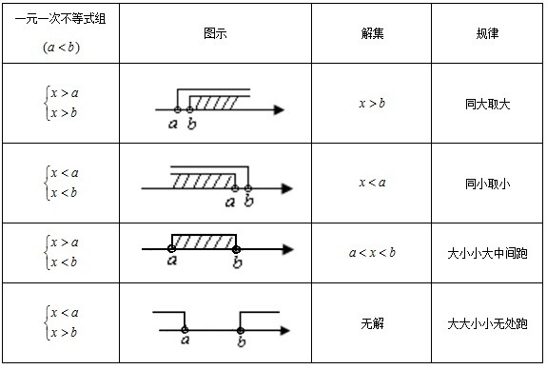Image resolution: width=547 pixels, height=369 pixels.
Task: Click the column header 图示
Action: [215, 32]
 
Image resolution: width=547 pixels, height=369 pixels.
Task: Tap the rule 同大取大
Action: [487, 104]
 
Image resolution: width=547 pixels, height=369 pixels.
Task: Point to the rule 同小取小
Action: [487, 182]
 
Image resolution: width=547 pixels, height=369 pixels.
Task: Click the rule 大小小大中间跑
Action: [487, 252]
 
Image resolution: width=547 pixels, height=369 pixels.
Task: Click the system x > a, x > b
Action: [63, 103]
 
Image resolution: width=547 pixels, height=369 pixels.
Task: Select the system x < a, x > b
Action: [63, 322]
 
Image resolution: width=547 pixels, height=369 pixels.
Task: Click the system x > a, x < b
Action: [63, 252]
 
